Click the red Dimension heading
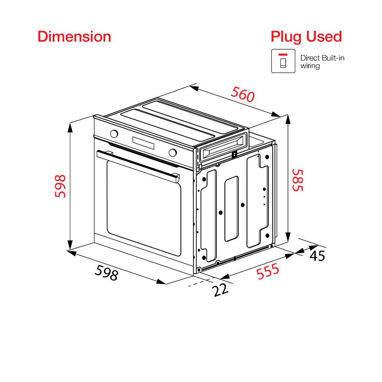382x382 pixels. (x=74, y=37)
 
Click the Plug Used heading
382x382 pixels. (x=306, y=37)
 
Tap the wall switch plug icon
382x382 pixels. (x=283, y=61)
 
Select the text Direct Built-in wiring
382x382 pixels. (x=322, y=62)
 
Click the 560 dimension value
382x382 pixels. (x=243, y=94)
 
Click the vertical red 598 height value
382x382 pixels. (x=60, y=186)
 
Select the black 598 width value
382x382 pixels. (x=106, y=273)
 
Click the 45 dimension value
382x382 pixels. (x=317, y=256)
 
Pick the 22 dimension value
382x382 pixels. (x=220, y=290)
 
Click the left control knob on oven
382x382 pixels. (x=113, y=134)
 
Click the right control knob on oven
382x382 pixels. (x=173, y=152)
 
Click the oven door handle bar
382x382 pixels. (x=138, y=165)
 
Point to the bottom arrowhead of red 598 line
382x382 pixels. (x=70, y=244)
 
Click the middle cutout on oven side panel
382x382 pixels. (x=231, y=209)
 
